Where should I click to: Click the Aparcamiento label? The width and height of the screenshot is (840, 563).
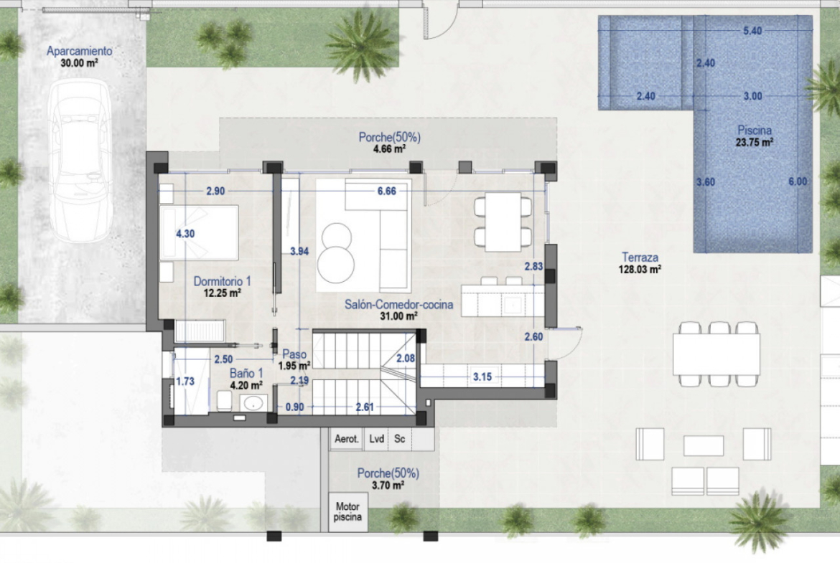point(79,51)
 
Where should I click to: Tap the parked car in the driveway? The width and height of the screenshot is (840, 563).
point(80,161)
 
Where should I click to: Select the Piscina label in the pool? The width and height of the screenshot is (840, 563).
point(755,130)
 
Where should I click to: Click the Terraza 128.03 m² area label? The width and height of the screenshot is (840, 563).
point(640,262)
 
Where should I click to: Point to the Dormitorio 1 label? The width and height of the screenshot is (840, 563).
point(222,281)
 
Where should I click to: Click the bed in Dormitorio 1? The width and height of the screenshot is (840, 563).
point(199,232)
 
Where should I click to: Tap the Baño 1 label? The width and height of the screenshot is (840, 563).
point(246,373)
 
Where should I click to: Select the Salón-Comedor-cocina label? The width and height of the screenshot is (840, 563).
point(398,305)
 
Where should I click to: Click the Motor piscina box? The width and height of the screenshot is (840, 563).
point(347,511)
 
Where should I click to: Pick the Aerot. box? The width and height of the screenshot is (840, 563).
point(346,439)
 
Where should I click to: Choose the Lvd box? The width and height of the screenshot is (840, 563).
point(376,439)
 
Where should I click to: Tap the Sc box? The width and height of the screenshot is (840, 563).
point(400,439)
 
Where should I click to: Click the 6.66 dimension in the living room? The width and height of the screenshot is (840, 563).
point(386,191)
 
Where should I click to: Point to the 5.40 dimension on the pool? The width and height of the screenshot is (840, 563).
point(752,31)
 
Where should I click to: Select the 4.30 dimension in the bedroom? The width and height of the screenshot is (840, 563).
point(185,233)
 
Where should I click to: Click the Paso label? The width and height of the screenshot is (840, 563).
point(294,354)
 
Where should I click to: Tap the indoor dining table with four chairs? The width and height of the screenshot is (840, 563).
point(503,222)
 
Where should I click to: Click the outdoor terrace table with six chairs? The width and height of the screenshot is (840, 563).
point(717,354)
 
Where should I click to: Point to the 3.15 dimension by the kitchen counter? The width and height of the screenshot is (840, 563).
point(482,377)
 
